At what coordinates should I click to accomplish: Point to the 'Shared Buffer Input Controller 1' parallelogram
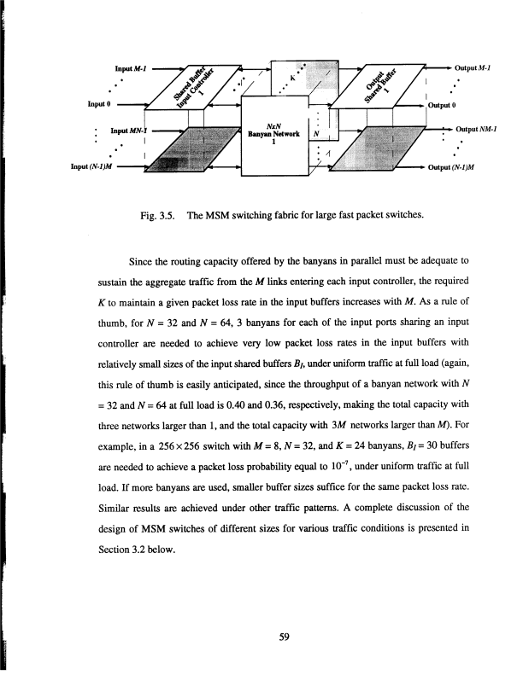(x=193, y=87)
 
